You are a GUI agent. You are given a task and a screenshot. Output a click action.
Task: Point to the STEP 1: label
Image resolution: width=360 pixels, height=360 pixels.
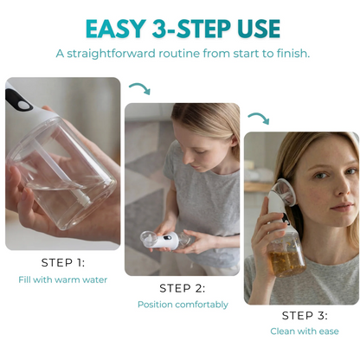63,262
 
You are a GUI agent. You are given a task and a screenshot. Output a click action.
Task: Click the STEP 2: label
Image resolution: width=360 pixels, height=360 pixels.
183,287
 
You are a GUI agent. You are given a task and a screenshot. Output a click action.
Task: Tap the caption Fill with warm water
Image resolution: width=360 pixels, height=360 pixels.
63,280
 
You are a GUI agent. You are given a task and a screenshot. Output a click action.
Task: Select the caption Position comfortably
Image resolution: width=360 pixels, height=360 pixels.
183,305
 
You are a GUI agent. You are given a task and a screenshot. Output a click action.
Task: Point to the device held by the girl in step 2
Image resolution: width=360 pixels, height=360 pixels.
159,240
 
